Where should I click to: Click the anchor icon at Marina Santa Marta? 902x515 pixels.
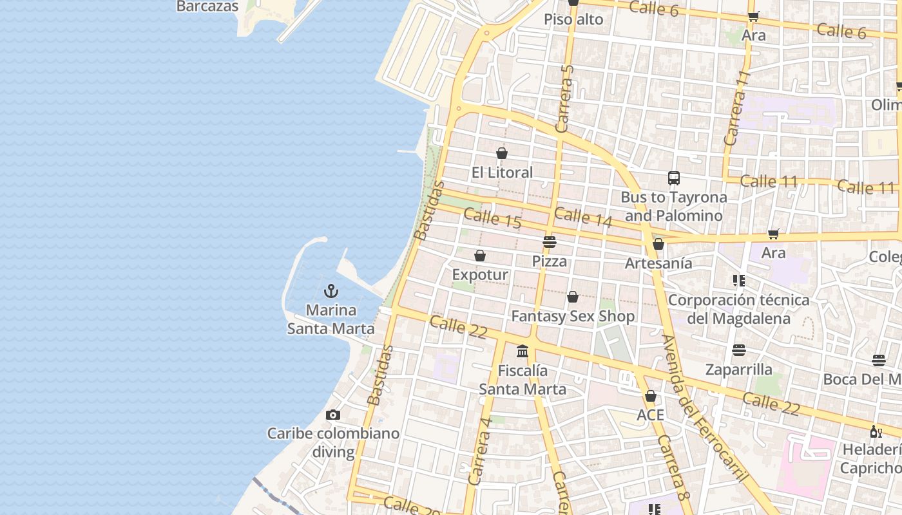[x=331, y=291]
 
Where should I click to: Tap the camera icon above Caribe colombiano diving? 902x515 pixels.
[x=332, y=415]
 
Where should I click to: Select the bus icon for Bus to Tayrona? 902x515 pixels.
[x=674, y=178]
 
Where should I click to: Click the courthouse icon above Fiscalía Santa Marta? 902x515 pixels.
[x=523, y=351]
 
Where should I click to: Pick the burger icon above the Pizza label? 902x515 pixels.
[x=550, y=242]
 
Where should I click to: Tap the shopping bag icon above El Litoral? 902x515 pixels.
[x=502, y=153]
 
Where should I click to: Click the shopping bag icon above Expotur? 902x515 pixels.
[x=480, y=256]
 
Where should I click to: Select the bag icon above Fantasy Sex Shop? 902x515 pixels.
[x=572, y=297]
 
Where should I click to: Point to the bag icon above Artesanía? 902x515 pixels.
[x=658, y=244]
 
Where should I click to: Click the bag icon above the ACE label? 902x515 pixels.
[x=651, y=396]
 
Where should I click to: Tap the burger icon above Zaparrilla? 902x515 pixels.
[x=739, y=350]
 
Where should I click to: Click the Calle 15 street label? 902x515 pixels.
[x=492, y=218]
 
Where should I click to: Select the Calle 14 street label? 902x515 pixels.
[x=582, y=216]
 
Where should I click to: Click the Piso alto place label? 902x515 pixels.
[x=573, y=19]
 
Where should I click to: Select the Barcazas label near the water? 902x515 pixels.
[x=207, y=6]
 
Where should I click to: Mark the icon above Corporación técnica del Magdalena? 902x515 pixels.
[x=738, y=281]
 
